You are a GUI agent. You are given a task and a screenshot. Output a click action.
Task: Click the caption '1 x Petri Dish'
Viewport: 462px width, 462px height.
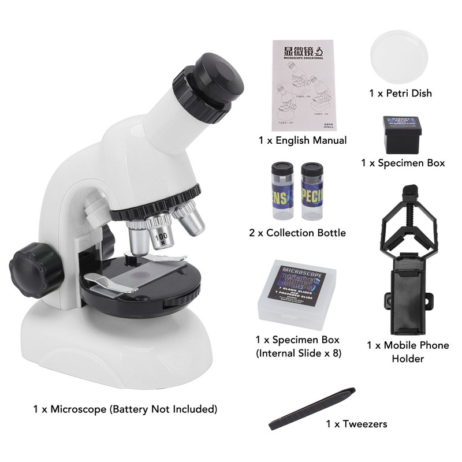[400, 92]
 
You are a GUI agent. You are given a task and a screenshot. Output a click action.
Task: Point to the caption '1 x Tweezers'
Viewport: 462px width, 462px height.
[356, 424]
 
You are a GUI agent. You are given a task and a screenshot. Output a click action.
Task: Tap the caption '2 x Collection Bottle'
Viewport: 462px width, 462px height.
[297, 233]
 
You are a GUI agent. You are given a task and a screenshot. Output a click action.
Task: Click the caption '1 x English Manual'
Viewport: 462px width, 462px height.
[303, 140]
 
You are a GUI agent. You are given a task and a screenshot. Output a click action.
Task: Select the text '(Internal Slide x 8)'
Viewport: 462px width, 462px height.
[297, 353]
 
